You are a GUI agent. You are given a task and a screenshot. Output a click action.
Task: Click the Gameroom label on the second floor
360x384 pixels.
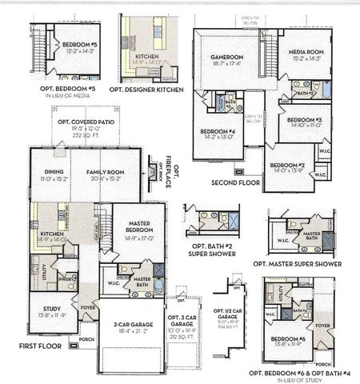tap(226, 58)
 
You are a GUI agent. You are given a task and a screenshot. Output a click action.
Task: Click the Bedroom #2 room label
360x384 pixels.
tap(287, 166)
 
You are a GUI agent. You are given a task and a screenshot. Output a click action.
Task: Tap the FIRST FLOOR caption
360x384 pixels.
tap(41, 347)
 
